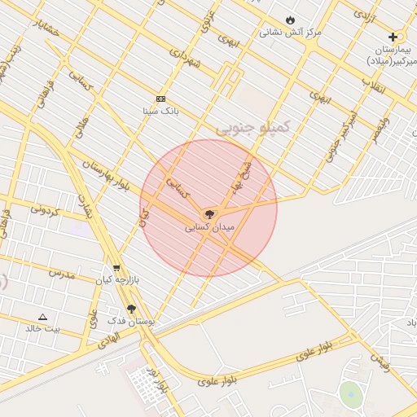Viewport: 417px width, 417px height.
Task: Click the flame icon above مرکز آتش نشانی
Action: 291,20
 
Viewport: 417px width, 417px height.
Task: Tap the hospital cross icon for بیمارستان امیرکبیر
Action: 393,37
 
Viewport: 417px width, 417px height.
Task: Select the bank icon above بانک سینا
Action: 160,99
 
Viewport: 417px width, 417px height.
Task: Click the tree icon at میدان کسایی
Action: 209,214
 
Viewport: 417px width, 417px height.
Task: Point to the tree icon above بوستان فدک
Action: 131,309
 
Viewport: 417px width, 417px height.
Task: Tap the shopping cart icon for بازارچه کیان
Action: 116,267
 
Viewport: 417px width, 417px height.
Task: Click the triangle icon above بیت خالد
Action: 43,316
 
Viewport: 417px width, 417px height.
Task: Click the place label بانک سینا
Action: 160,110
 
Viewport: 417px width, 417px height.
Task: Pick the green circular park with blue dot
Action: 350,394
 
